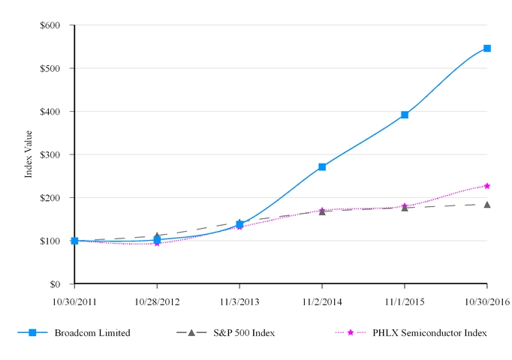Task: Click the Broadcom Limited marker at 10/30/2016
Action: (487, 48)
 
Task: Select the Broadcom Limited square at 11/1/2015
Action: (405, 115)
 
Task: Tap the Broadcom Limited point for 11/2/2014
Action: (322, 166)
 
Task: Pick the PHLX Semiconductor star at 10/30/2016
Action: (487, 185)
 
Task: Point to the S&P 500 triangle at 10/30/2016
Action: (487, 204)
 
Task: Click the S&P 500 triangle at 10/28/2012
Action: (157, 235)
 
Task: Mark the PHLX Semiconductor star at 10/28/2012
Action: (157, 243)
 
